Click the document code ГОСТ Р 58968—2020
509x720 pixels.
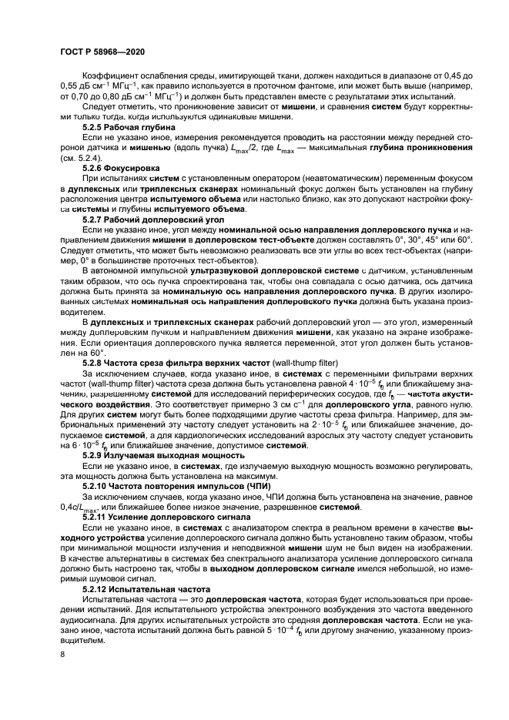pos(102,52)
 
